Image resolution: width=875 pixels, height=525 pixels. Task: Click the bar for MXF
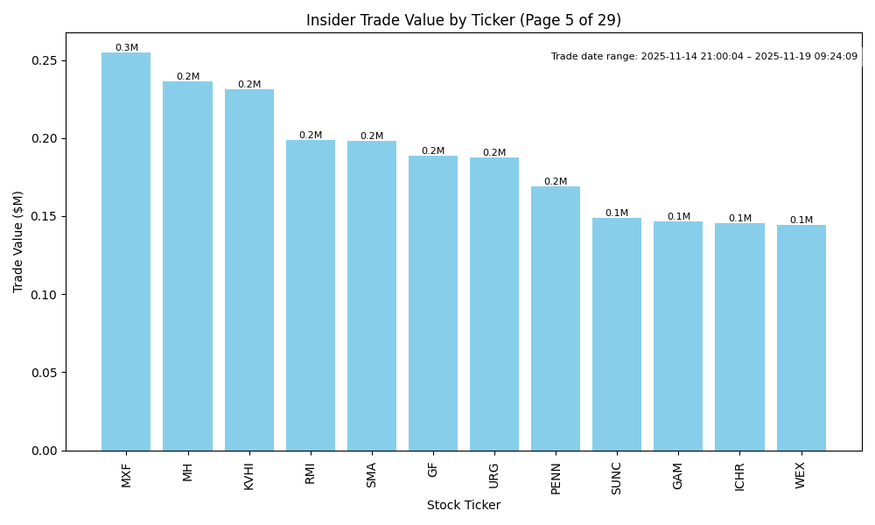[x=126, y=252]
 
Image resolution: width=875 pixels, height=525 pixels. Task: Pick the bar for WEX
[x=801, y=338]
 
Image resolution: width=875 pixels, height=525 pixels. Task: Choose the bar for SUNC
[x=617, y=334]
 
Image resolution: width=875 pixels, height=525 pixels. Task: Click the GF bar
[x=433, y=303]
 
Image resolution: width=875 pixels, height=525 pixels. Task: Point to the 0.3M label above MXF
[x=127, y=48]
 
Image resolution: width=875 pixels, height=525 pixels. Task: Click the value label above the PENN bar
[x=556, y=182]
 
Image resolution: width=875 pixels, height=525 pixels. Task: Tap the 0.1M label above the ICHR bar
[x=740, y=219]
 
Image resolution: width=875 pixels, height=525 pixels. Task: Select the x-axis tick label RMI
[x=311, y=473]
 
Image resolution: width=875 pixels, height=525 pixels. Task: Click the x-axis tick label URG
[x=494, y=475]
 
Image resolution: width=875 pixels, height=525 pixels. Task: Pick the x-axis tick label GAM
[x=678, y=475]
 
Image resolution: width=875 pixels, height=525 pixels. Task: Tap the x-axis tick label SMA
[x=372, y=475]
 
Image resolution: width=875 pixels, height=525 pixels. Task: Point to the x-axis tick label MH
[x=188, y=472]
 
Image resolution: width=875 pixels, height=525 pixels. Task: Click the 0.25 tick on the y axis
[x=45, y=61]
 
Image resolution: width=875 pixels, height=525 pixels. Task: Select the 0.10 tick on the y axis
[x=45, y=295]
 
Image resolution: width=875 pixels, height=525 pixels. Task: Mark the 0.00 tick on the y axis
[x=45, y=451]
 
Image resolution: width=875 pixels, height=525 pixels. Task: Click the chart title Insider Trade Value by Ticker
[x=464, y=20]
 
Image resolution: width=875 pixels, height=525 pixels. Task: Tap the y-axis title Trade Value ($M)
[x=18, y=242]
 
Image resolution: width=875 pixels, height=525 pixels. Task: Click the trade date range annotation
[x=704, y=57]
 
